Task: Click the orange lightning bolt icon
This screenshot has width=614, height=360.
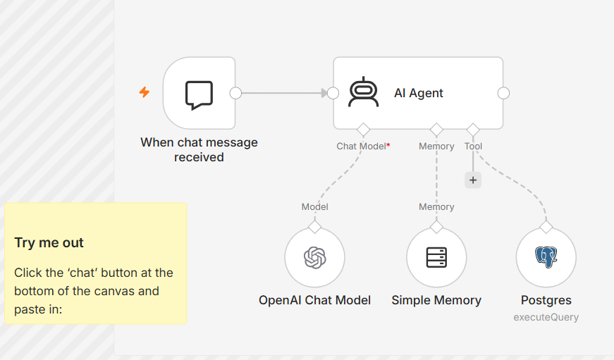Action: coord(145,92)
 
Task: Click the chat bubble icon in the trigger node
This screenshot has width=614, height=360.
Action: coord(199,95)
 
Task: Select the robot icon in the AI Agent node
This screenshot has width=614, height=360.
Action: coord(363,92)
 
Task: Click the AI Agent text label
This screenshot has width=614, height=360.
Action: coord(418,93)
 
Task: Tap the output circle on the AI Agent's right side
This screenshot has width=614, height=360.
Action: coord(503,93)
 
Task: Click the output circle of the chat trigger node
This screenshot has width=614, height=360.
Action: coord(235,93)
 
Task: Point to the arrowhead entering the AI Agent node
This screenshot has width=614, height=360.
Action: coord(324,93)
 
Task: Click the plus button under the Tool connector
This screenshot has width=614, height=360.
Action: coord(473,180)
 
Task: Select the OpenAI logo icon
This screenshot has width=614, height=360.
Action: coord(315,257)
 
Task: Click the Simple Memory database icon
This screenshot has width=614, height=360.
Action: coord(436,257)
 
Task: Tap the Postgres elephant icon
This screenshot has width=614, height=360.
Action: coord(546,257)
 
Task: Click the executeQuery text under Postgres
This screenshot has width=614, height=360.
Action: coord(546,317)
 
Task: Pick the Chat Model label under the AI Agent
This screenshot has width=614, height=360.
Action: coord(361,147)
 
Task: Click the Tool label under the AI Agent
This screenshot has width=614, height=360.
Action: coord(473,147)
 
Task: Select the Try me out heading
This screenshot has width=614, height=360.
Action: coord(49,242)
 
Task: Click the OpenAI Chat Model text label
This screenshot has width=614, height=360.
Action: coord(315,300)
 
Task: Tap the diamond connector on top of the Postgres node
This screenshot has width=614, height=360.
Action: coord(546,227)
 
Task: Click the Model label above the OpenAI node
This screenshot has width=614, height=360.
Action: coord(315,206)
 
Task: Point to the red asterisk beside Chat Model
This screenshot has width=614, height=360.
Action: coord(388,145)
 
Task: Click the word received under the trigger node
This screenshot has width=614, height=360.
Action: coord(199,157)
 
